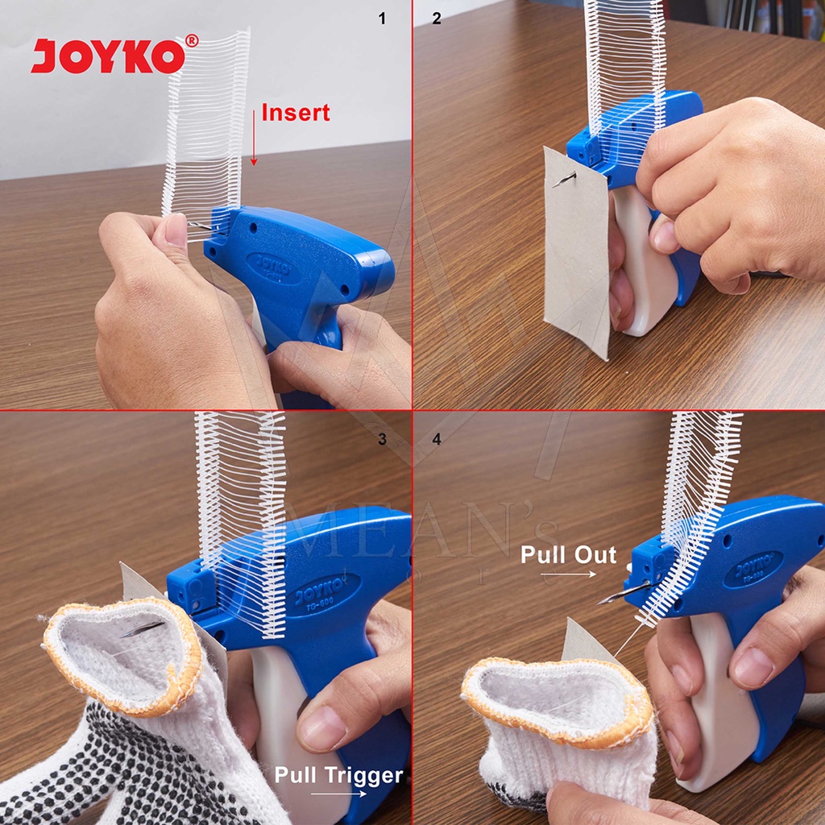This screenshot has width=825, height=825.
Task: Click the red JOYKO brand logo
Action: (107, 56)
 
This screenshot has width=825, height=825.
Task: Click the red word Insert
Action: (295, 113)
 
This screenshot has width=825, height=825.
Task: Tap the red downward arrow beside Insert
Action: (254, 138)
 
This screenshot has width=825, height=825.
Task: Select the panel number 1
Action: (382, 19)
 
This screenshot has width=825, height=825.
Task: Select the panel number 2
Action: (436, 19)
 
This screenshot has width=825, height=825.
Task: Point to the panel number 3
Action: (382, 439)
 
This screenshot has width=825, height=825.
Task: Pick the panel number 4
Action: (436, 439)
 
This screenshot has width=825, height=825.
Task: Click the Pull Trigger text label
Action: (338, 775)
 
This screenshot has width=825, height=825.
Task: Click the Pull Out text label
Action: (568, 554)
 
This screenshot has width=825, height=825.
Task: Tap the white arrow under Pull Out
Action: (567, 574)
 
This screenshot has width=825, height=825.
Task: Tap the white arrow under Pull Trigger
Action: (338, 794)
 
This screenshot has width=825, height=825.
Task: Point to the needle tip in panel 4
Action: (601, 600)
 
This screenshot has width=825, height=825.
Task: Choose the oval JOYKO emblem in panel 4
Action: (752, 569)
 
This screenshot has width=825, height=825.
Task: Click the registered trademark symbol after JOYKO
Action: (191, 40)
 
